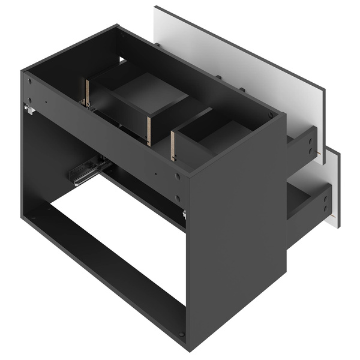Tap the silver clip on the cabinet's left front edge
(28, 109)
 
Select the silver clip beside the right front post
(184, 214)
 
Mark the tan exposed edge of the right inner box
(173, 146)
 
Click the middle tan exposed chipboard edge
(148, 130)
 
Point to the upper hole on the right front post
(178, 177)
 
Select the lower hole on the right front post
(178, 199)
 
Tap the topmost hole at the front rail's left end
(28, 81)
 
